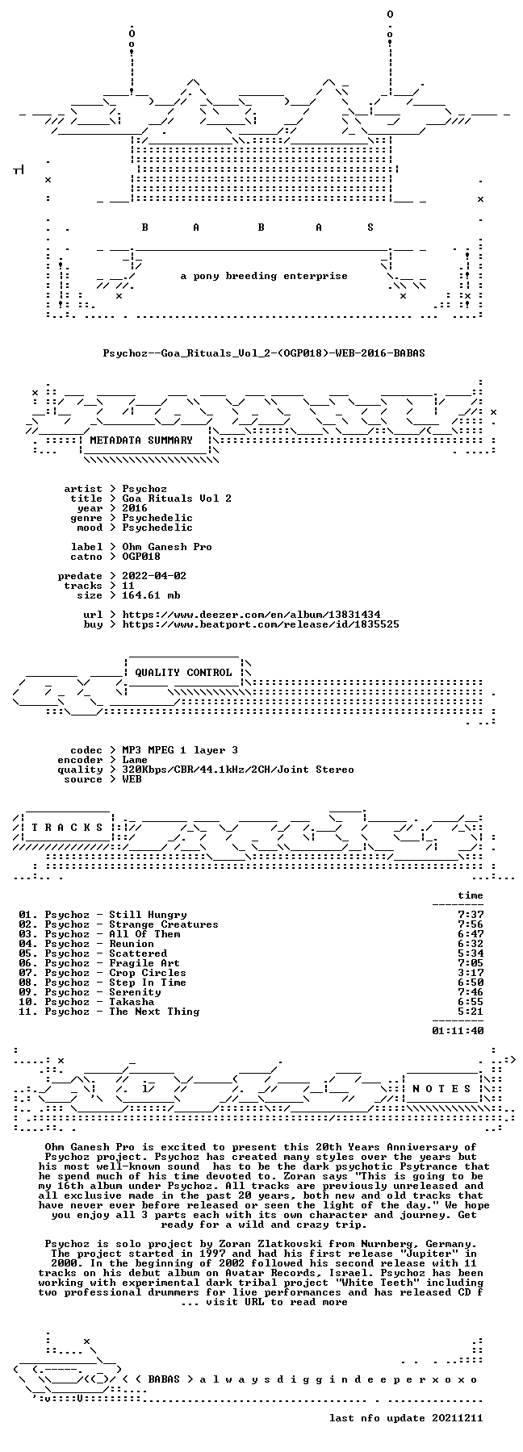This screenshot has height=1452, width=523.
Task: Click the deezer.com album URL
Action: pyautogui.click(x=251, y=615)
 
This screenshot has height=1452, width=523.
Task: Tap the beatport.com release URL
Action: pyautogui.click(x=261, y=624)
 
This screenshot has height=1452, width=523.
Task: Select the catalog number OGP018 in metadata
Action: pyautogui.click(x=141, y=557)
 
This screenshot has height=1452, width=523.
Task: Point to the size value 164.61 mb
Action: pyautogui.click(x=151, y=595)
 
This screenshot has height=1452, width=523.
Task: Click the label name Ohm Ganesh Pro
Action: pyautogui.click(x=167, y=547)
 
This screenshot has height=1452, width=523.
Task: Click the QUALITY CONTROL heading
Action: pyautogui.click(x=183, y=673)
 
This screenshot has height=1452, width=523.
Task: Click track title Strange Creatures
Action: pyautogui.click(x=164, y=924)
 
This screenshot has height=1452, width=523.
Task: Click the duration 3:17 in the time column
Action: pyautogui.click(x=471, y=973)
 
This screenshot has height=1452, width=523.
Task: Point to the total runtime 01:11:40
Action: pyautogui.click(x=458, y=1031)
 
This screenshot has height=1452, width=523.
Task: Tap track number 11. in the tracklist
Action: pyautogui.click(x=28, y=1012)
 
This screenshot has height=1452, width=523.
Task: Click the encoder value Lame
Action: pyautogui.click(x=135, y=760)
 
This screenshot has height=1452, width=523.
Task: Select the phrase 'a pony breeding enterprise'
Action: pyautogui.click(x=264, y=276)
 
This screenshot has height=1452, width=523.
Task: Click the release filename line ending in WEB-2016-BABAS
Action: pyautogui.click(x=264, y=353)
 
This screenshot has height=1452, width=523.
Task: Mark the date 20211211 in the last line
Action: pyautogui.click(x=458, y=1418)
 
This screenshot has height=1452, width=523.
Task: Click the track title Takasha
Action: pyautogui.click(x=132, y=1002)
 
